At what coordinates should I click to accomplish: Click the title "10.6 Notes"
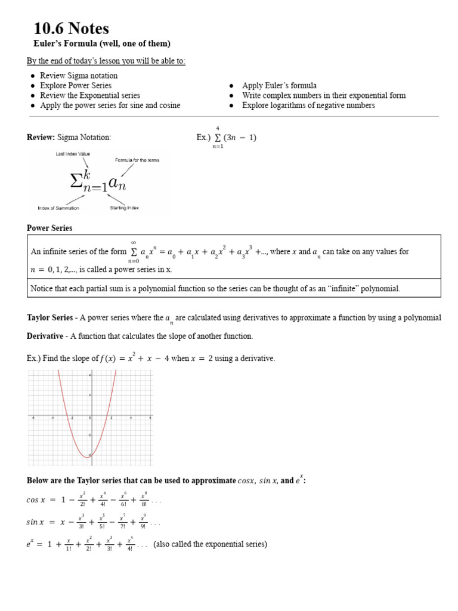pos(71,28)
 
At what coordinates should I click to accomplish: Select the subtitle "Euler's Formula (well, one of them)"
pos(101,44)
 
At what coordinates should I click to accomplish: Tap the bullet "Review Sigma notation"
pos(79,76)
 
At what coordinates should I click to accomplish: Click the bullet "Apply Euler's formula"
pos(279,85)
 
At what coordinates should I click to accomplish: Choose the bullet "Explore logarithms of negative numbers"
pos(308,105)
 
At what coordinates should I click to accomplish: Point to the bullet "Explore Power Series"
pos(76,85)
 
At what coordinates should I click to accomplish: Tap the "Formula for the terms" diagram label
pos(137,161)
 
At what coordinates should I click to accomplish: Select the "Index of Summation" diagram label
pos(57,208)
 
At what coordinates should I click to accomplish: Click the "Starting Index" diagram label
pos(124,208)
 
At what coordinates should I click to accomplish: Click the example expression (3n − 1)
pos(239,138)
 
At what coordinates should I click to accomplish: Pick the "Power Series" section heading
pos(49,228)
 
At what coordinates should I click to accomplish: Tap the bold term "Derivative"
pos(45,336)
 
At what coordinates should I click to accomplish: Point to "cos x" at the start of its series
pos(36,501)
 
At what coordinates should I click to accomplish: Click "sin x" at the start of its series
pos(36,522)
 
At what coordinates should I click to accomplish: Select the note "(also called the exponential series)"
pos(211,544)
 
